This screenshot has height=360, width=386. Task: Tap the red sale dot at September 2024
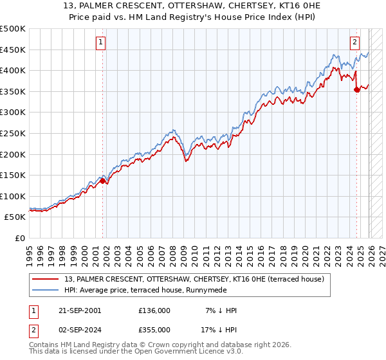click(x=356, y=90)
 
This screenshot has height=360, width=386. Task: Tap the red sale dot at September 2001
click(x=102, y=181)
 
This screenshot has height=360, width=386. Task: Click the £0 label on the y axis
click(x=20, y=238)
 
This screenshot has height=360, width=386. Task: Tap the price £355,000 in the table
click(x=154, y=329)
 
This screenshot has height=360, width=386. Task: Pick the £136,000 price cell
click(x=154, y=310)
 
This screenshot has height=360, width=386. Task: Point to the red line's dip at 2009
click(x=186, y=161)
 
